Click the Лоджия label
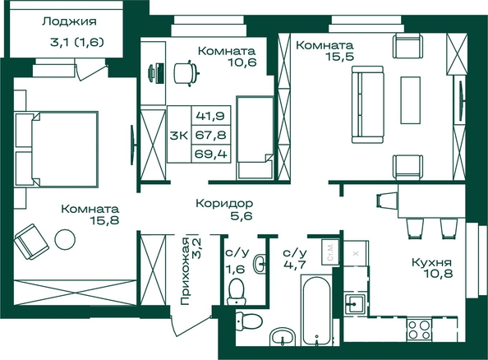point(69,22)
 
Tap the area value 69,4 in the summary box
point(210,154)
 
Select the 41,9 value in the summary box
point(210,116)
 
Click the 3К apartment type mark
point(179,136)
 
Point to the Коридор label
point(224,203)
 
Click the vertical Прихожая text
point(185,271)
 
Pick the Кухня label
point(431,262)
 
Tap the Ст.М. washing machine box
point(330,252)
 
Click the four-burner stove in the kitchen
point(419,330)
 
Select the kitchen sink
point(355,303)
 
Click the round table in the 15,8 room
point(65,239)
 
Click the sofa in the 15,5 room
point(367,104)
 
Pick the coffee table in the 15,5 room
point(411,100)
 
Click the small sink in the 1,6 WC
point(260,264)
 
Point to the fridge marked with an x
point(356,253)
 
